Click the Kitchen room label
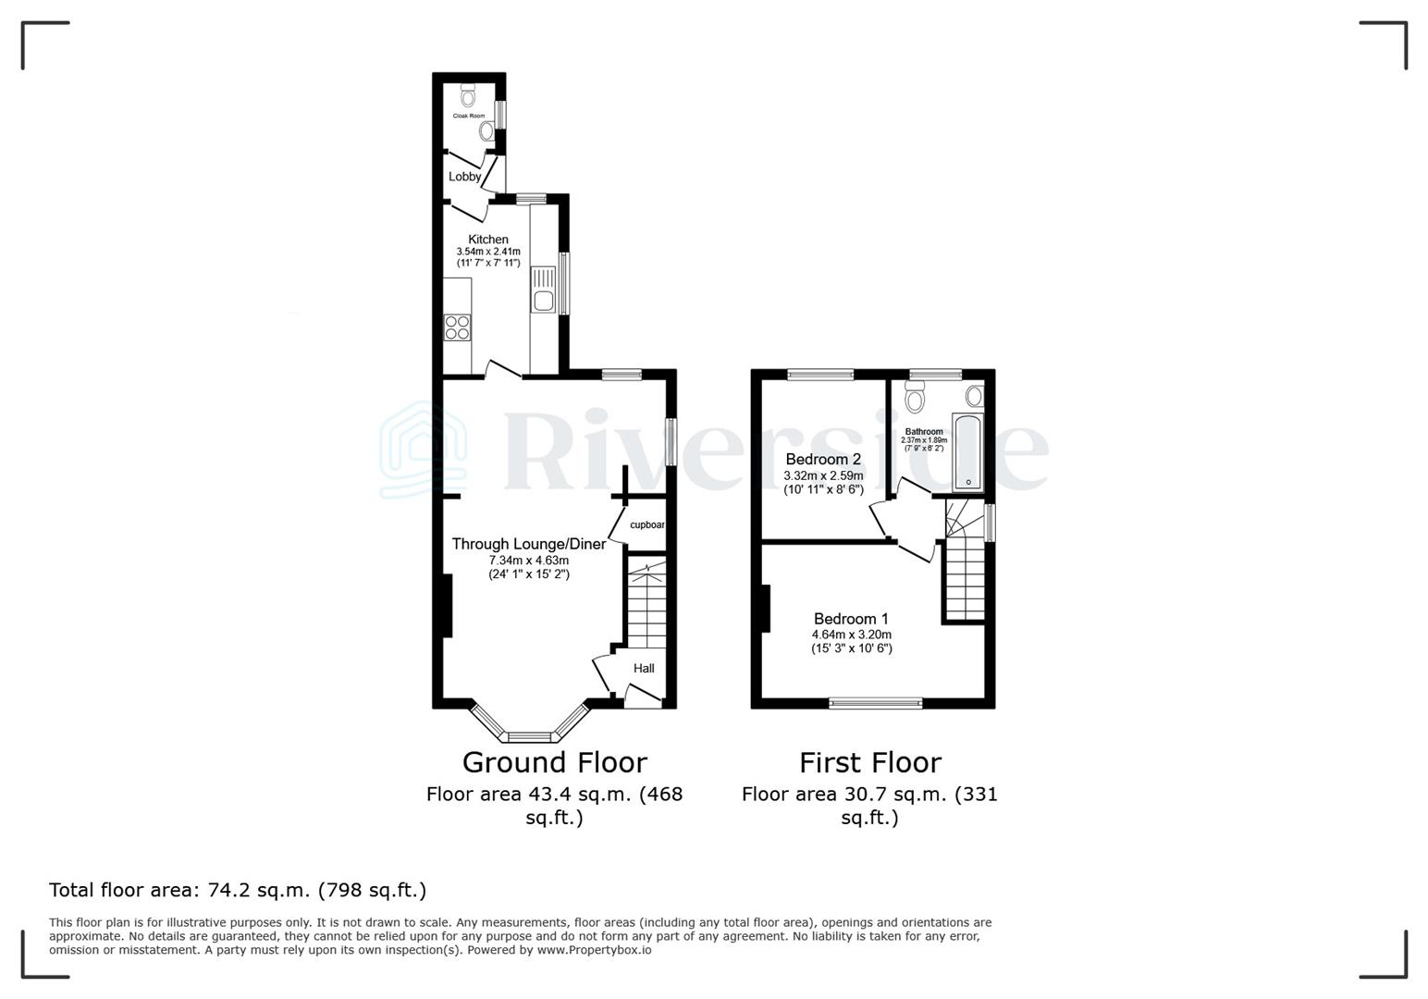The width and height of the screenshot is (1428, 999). coord(487,240)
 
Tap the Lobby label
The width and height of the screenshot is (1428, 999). coord(464,177)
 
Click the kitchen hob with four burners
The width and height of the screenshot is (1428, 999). coord(457,328)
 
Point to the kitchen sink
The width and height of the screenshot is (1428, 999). coord(543,299)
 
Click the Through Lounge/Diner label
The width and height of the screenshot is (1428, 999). coord(528,544)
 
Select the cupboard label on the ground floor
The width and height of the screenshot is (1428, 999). coord(646,524)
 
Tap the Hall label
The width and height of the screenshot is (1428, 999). coord(644,668)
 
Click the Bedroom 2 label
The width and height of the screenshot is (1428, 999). coord(823,459)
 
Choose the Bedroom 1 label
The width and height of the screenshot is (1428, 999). coord(851,619)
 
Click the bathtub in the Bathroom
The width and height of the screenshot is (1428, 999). coord(967,452)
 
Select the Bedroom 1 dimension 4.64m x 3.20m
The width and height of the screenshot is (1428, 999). coord(851,635)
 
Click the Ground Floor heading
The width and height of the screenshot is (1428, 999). coord(554,762)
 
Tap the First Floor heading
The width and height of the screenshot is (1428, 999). coord(869,762)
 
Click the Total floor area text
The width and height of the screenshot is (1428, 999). coord(238,890)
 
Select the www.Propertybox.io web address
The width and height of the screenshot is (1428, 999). coord(594,950)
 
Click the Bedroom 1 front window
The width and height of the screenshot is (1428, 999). coord(875,703)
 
